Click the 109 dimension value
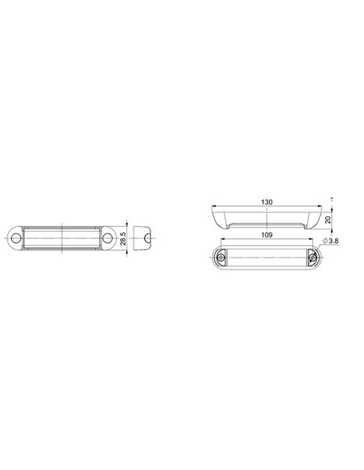tap(266, 234)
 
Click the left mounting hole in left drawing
tap(15, 240)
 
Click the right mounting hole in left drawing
tap(107, 240)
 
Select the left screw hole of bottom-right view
tap(223, 257)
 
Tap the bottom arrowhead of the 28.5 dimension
tap(130, 253)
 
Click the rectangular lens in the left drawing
tap(61, 240)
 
